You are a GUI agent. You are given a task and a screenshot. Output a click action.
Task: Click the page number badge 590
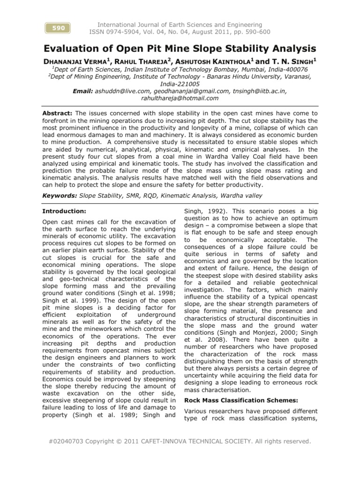(58, 28)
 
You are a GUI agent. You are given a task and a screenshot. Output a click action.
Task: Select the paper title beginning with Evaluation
(180, 48)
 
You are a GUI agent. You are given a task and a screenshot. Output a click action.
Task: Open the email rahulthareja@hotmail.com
(180, 98)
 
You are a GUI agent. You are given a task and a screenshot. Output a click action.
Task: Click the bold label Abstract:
(57, 113)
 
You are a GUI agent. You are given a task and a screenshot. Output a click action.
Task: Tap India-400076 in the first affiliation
(288, 68)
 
